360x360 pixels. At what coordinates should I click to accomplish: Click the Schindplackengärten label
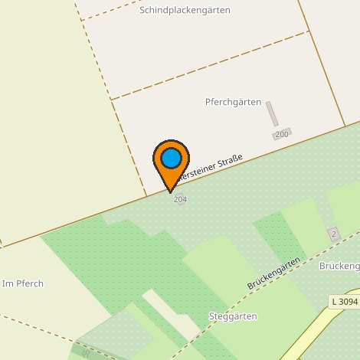click(185, 11)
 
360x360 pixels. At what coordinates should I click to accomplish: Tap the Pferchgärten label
click(233, 102)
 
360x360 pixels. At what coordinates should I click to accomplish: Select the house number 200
click(282, 135)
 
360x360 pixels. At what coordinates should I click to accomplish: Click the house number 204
click(180, 199)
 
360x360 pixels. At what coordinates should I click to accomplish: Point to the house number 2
click(333, 234)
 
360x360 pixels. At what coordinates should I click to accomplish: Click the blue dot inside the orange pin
click(171, 159)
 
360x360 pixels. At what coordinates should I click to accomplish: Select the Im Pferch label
click(23, 284)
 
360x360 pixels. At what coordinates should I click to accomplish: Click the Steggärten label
click(232, 316)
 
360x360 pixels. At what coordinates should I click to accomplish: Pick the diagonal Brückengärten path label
click(273, 273)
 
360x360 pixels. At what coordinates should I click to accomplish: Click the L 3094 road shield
click(345, 302)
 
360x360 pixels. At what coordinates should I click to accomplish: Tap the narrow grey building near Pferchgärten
click(272, 113)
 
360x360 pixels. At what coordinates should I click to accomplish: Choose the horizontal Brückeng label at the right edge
click(339, 266)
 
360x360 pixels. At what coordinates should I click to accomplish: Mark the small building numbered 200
click(282, 135)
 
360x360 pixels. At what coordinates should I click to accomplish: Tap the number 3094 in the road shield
click(349, 302)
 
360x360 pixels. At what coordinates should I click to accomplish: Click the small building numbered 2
click(333, 234)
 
